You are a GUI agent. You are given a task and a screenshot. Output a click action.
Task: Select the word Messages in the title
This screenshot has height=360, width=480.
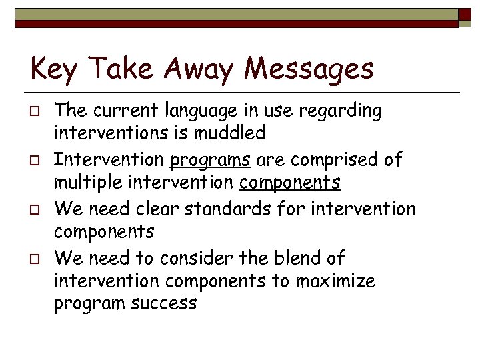[308, 69]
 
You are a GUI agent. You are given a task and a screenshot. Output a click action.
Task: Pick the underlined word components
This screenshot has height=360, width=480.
[290, 183]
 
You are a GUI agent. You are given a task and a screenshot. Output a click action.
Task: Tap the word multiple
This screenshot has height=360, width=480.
[87, 183]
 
